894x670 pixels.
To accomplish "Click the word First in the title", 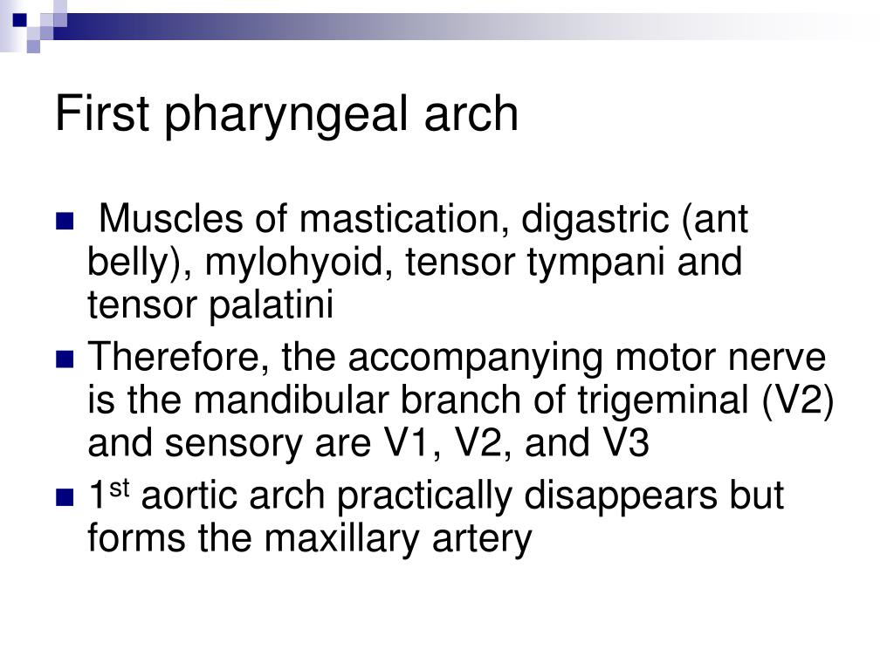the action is [x=103, y=113].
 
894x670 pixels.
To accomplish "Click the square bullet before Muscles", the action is [x=65, y=221].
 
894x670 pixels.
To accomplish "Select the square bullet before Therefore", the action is [x=65, y=359].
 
